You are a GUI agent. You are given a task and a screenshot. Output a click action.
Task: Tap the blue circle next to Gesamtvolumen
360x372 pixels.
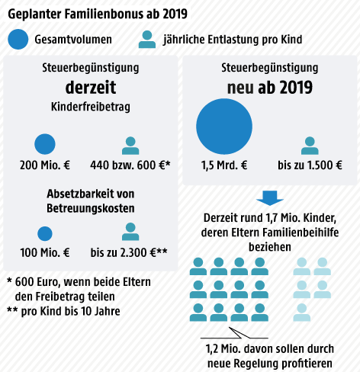pos(22,40)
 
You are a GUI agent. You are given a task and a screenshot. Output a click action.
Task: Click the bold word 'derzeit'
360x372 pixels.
pos(91,85)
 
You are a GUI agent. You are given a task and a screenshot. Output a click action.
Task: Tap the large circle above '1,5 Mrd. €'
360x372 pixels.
pos(224,126)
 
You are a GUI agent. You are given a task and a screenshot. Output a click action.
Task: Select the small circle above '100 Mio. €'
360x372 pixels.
pos(45,233)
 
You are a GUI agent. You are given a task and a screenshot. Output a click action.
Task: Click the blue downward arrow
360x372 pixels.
pos(271,197)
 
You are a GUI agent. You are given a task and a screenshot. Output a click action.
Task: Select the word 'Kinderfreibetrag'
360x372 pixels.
pos(91,107)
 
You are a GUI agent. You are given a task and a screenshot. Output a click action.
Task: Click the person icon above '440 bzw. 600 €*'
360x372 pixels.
pos(130,145)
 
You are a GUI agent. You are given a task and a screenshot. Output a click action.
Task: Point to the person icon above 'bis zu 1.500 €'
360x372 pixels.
pos(310,145)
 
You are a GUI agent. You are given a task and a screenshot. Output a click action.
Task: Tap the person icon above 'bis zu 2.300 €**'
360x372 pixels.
pos(130,232)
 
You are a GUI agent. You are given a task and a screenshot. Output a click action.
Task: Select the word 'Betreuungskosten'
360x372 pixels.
pos(91,208)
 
